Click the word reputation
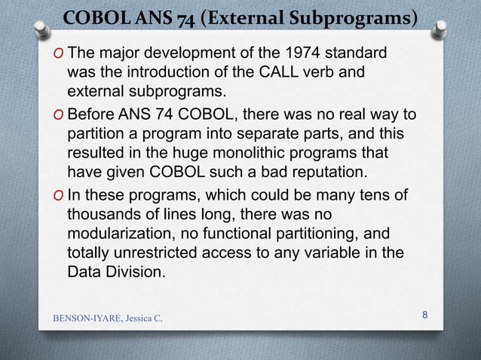[x=311, y=172]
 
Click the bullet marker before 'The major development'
[x=59, y=55]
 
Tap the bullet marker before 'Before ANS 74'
[x=59, y=114]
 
